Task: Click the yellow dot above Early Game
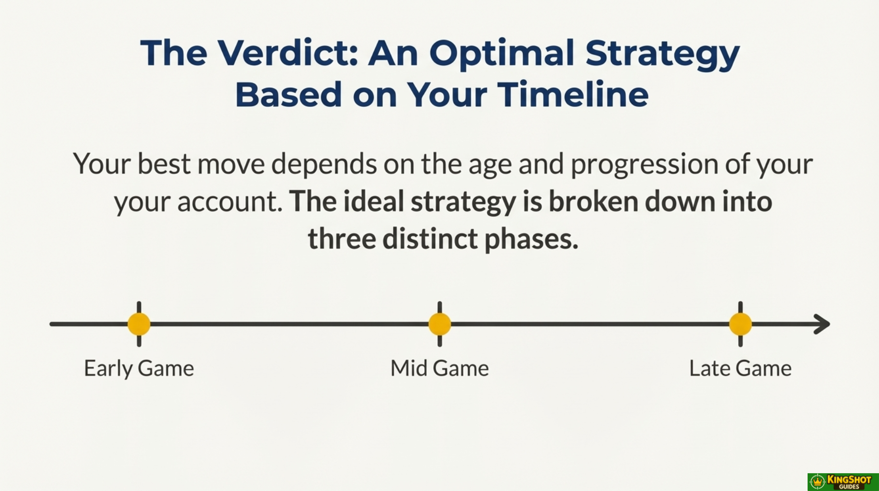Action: tap(139, 324)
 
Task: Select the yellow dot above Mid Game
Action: tap(439, 324)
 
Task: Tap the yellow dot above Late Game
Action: tap(740, 324)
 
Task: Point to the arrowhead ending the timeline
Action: tap(822, 324)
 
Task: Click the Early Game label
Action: tap(139, 368)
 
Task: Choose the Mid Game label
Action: tap(439, 368)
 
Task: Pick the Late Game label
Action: tap(740, 368)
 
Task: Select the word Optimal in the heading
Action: tap(501, 54)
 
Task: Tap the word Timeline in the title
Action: tap(573, 94)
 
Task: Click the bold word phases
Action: tap(532, 239)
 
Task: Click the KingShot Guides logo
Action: tap(843, 482)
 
